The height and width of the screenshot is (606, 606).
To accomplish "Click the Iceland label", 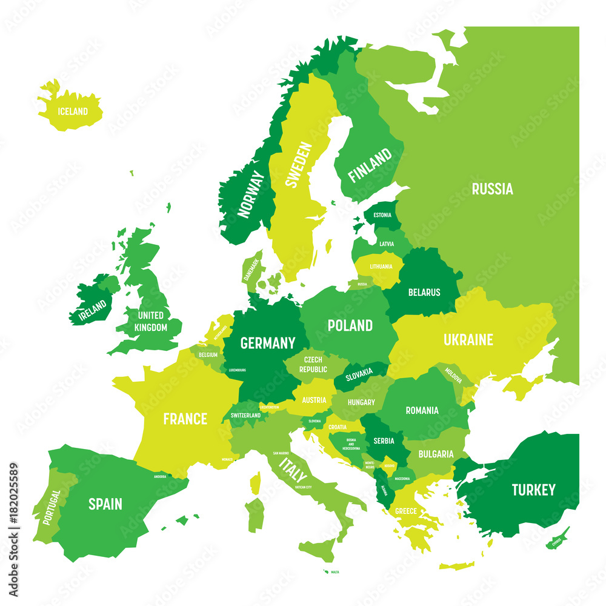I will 72,112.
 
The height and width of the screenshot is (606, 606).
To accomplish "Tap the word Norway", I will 251,194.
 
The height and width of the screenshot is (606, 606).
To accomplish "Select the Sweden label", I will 299,165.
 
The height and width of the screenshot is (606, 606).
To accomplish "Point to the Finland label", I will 370,166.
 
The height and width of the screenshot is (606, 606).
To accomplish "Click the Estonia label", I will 382,215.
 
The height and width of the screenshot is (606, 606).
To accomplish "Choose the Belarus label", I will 424,292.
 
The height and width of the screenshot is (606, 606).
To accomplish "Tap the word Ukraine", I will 468,340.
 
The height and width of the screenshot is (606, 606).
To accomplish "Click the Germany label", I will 268,343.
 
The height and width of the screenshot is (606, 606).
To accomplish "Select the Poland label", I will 350,325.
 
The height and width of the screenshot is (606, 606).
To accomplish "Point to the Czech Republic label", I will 313,365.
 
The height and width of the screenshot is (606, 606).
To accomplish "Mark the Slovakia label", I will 359,376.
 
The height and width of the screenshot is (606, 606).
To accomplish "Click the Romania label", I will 422,410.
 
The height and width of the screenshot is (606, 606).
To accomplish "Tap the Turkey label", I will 533,490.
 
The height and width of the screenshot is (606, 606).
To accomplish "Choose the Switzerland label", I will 245,415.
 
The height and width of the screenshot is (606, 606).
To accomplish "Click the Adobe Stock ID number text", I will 13,502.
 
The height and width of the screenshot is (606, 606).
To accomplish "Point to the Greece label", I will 405,511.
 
